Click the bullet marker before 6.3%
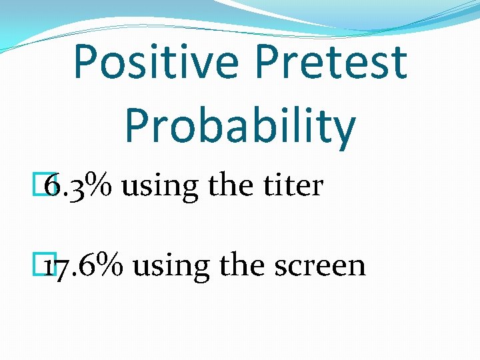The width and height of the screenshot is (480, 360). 45,185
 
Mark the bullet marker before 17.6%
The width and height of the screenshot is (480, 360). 45,265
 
